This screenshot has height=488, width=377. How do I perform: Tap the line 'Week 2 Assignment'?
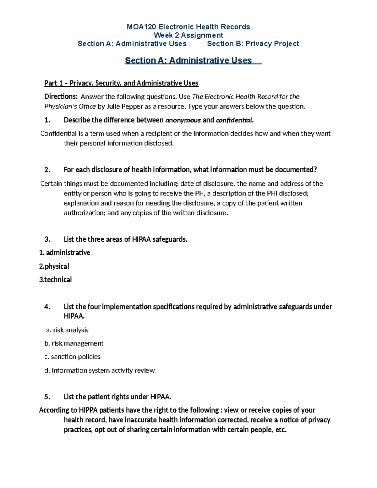click(188, 35)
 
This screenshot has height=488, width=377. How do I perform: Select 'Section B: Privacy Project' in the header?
click(253, 44)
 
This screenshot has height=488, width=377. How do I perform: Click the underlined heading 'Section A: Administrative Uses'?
click(188, 60)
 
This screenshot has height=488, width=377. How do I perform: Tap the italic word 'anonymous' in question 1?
click(183, 120)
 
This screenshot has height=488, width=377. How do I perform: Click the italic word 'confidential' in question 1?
click(234, 120)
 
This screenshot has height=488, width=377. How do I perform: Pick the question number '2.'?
click(47, 170)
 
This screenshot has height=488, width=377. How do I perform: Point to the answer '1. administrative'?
click(64, 253)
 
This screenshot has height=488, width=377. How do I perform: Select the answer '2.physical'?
click(54, 266)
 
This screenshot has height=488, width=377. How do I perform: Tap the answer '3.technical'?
click(55, 280)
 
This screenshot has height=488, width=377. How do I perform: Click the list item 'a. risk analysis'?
click(67, 330)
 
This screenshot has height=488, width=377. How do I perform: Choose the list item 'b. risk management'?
click(74, 343)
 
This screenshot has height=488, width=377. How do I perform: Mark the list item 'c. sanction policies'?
click(72, 357)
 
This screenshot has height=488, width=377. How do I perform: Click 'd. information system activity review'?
click(100, 370)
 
